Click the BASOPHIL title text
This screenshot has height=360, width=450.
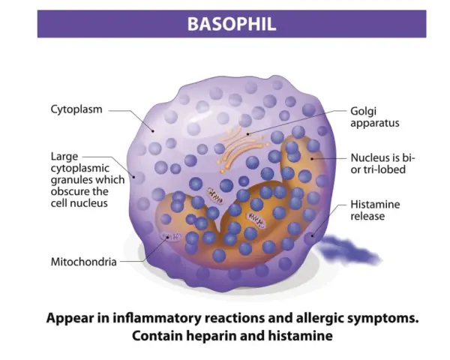pos(232,24)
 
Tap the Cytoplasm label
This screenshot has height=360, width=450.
pos(76,109)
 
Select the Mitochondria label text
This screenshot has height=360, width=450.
pos(83,262)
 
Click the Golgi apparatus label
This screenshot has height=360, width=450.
pos(375,117)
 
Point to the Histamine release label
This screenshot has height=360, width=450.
pos(375,210)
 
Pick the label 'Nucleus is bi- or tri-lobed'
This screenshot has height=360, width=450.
pos(382,163)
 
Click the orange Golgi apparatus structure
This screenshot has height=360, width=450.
pos(240,148)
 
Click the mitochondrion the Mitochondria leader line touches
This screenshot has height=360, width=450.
pos(172,236)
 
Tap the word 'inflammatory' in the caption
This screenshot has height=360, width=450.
pos(157,318)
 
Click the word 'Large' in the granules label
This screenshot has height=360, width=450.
pos(64,157)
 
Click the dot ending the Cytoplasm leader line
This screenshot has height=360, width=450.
pos(153,131)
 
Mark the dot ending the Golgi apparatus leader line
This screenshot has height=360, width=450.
pos(247,133)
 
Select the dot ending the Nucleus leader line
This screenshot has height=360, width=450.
pos(312,158)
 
